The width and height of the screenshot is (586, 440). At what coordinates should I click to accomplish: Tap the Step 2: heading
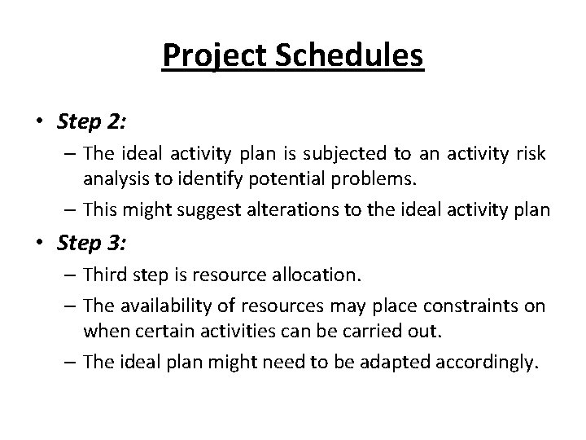point(91,122)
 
